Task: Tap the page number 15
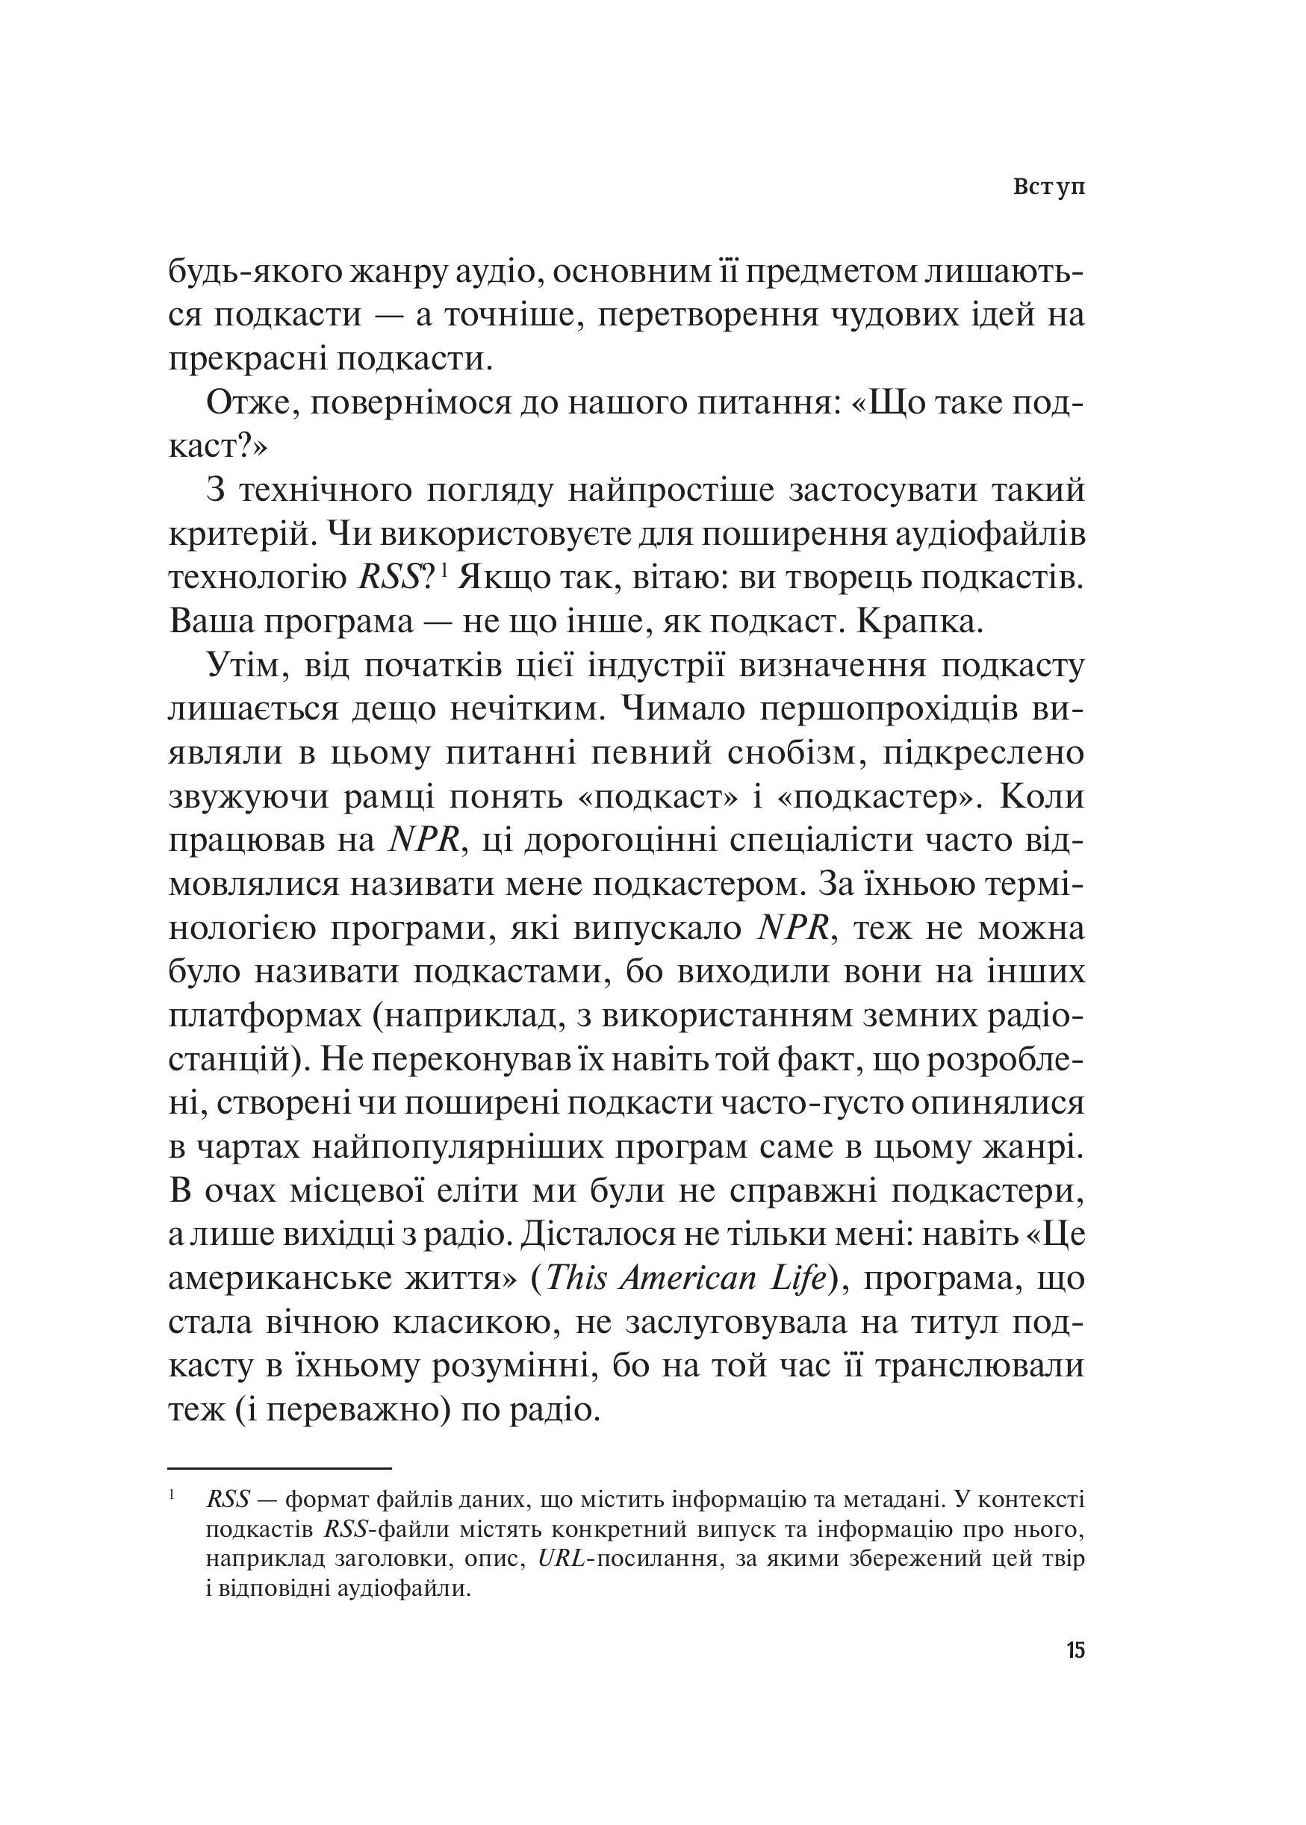1076,1628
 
